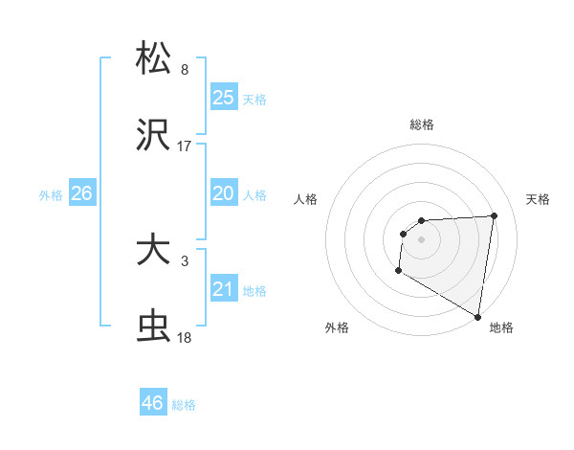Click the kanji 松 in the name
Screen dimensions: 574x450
pos(154,57)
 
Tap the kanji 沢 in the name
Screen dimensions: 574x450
pos(154,137)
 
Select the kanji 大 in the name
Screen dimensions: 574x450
pos(154,252)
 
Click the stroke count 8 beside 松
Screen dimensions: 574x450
pos(185,70)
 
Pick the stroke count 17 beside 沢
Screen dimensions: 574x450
pos(185,146)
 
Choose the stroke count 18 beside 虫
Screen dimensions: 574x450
pos(185,338)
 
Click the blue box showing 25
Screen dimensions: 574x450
pos(224,98)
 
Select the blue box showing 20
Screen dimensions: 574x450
pos(224,193)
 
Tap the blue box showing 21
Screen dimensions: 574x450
pos(224,289)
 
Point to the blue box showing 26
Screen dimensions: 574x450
pos(81,193)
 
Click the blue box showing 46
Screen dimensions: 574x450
pos(152,403)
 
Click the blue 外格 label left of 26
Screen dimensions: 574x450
pos(51,194)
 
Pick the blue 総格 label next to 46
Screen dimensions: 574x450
pos(184,405)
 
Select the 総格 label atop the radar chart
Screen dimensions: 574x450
pos(422,124)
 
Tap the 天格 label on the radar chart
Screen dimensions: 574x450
pos(538,199)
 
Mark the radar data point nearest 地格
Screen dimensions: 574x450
pos(478,316)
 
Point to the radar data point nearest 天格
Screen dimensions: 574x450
pos(495,215)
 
